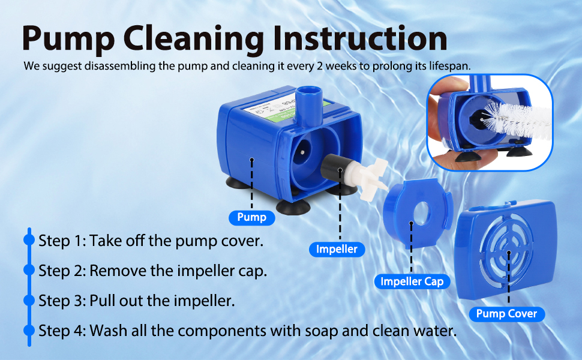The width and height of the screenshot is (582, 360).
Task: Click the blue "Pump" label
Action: point(251,217)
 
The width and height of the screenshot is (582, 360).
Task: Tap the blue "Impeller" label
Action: point(337,249)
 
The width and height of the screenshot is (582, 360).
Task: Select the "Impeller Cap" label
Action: point(412,281)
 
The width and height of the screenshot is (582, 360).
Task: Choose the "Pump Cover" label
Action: point(506,313)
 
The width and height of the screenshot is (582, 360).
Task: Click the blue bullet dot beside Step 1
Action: point(29,241)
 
